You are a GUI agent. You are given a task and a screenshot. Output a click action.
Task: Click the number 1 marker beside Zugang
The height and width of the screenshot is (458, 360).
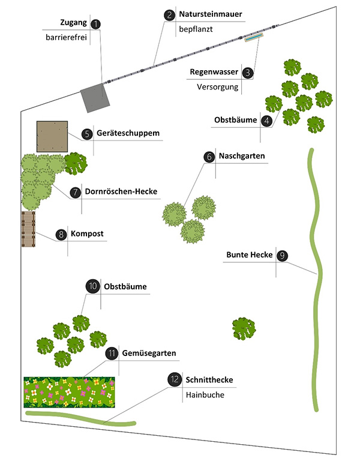coord(95,24)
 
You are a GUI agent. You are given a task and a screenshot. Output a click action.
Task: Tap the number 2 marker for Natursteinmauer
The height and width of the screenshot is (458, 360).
coord(169,15)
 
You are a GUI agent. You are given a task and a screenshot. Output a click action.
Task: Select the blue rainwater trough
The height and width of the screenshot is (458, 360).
coord(254,37)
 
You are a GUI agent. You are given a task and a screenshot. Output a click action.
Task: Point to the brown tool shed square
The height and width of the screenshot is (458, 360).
coord(52,136)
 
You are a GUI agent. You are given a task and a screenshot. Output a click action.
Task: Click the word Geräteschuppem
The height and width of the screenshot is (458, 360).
coord(128,133)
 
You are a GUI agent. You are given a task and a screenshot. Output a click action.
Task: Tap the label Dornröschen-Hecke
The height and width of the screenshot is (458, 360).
coord(121,191)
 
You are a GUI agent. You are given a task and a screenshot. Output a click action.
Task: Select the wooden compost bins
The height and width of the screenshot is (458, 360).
coord(28,229)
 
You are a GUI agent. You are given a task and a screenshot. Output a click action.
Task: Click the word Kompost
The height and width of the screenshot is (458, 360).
coord(87,234)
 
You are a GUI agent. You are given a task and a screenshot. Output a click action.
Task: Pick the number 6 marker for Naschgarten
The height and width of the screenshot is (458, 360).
coord(209,157)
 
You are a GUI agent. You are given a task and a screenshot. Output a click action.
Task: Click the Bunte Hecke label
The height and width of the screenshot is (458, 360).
coord(250,255)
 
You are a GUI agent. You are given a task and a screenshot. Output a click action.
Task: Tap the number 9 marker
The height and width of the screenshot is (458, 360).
coord(282,256)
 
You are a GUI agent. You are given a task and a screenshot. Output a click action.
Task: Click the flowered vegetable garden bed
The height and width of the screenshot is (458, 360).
coord(69,393)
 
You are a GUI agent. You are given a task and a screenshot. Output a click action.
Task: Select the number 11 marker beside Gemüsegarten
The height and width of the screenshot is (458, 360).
coord(112,354)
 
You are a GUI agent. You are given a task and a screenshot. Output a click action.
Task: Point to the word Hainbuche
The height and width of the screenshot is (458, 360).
coord(205,395)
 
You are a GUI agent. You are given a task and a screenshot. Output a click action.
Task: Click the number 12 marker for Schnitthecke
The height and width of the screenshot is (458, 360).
coord(175,379)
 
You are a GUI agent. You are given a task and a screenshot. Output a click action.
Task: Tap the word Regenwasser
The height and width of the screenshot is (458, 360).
coord(214,72)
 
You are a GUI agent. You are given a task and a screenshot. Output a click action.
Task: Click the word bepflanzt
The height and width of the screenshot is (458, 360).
coord(196,29)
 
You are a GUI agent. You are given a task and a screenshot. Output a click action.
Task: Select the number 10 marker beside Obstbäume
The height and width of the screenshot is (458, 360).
coord(93,286)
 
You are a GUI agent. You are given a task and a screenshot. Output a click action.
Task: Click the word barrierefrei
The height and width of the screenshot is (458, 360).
coord(66,37)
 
